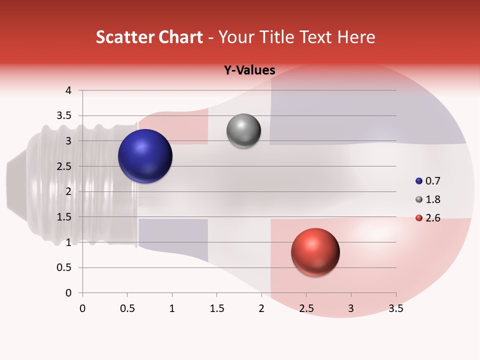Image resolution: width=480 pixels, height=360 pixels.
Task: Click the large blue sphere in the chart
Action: [x=145, y=156]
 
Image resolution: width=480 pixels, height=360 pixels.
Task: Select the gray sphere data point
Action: [x=243, y=131]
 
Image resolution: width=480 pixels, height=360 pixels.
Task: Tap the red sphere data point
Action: [x=315, y=252]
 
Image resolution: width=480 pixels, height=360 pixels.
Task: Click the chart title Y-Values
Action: [x=249, y=70]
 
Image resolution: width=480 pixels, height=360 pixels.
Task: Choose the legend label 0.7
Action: [x=432, y=181]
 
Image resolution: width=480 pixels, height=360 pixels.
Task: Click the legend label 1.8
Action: [x=432, y=199]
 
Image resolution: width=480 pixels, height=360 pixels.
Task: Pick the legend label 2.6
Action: [x=432, y=218]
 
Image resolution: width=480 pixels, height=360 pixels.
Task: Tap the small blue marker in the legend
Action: [x=419, y=181]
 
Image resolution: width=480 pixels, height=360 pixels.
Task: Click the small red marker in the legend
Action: [x=419, y=218]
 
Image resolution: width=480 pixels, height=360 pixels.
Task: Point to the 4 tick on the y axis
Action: [x=68, y=90]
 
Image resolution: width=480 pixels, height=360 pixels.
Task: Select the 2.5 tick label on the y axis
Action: [x=64, y=166]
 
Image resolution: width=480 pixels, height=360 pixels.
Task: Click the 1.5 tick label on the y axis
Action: [x=64, y=217]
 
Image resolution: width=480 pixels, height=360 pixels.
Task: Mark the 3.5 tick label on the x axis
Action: [x=395, y=308]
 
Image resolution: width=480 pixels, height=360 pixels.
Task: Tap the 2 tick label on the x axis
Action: [x=261, y=308]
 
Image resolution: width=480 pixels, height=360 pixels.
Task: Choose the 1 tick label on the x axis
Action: [x=172, y=308]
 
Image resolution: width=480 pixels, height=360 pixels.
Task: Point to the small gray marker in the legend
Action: [x=419, y=199]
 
